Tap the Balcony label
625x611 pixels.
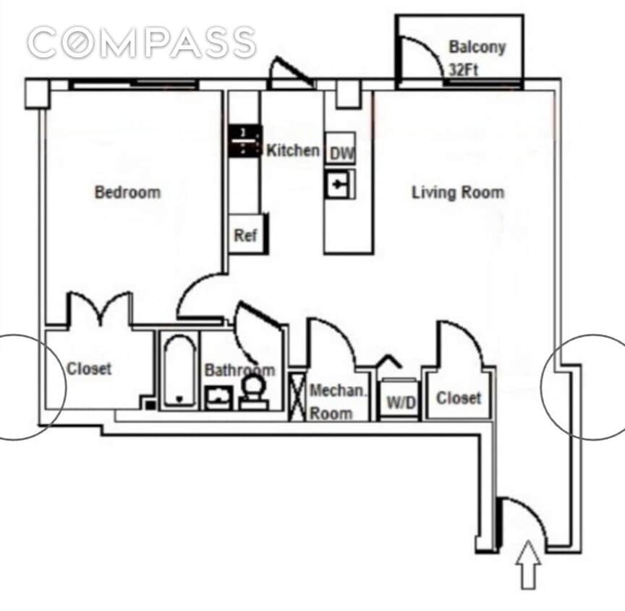(x=477, y=48)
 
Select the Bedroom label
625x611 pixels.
(x=127, y=193)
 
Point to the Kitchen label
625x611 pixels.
(x=293, y=151)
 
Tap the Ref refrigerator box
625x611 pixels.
(x=245, y=235)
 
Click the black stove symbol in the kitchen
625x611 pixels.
(x=245, y=141)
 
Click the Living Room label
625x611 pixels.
(x=457, y=193)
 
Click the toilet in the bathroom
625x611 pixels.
(x=252, y=392)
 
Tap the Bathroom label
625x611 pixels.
(x=239, y=370)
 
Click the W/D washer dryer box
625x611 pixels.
(x=400, y=402)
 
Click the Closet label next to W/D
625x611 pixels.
(x=459, y=397)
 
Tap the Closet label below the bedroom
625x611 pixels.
(x=89, y=368)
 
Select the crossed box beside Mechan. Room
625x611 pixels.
(x=297, y=395)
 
